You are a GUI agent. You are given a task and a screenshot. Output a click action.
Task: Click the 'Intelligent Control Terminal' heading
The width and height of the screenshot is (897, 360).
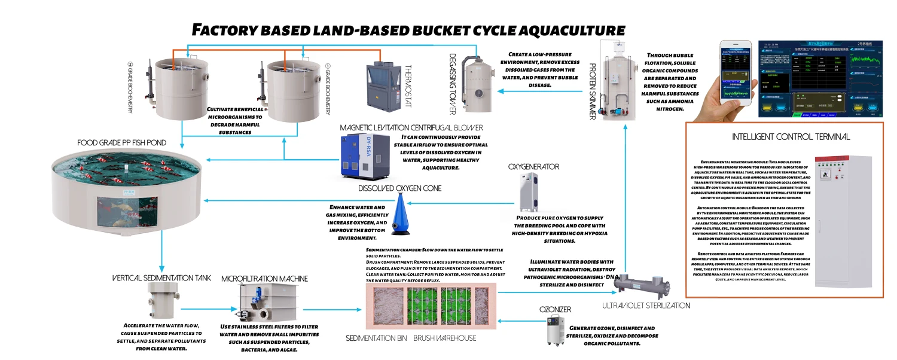coord(791,137)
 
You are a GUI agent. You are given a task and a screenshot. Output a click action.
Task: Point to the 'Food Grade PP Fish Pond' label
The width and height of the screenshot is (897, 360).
coord(121,143)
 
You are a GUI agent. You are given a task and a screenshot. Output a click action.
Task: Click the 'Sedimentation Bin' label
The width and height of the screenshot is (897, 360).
coord(376,338)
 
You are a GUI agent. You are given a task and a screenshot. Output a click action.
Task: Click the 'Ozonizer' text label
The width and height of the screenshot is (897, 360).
coord(556,309)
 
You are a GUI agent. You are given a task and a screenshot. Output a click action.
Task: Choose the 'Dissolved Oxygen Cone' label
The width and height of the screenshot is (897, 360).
coord(400,188)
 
